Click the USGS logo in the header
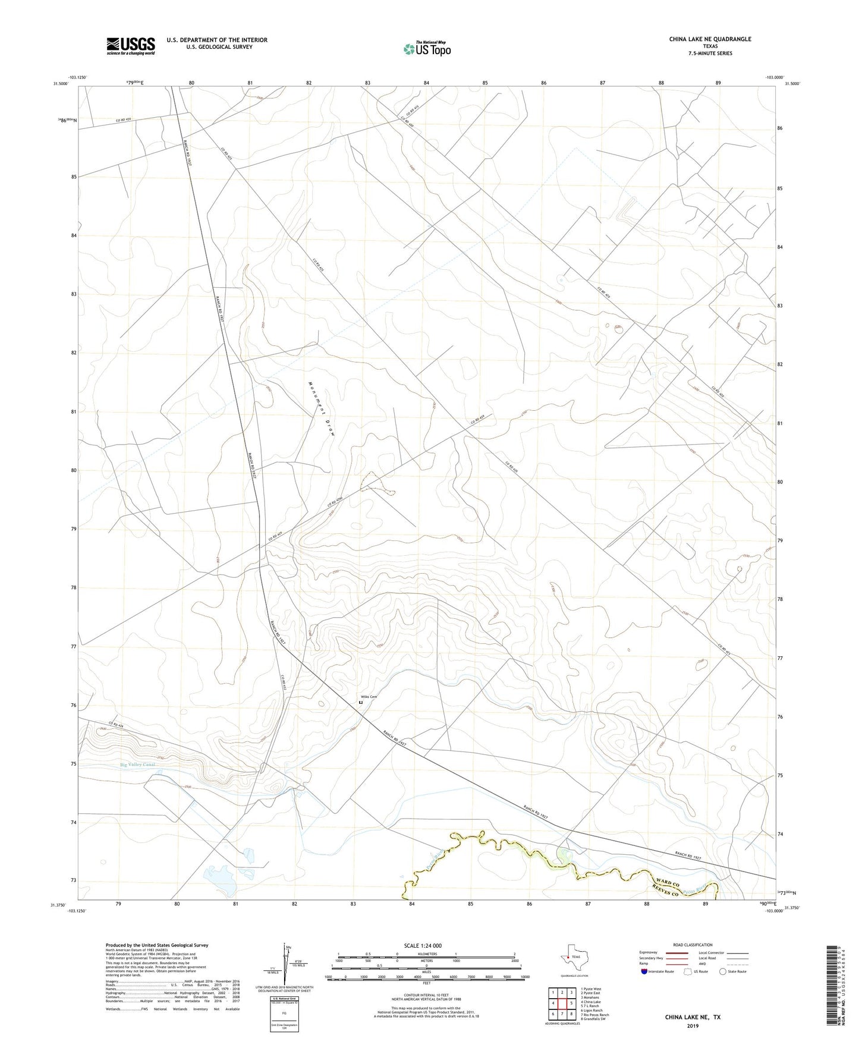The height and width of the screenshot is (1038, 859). click(131, 46)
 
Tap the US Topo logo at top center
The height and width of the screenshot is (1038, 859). click(427, 48)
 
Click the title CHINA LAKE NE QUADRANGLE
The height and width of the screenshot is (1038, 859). click(710, 39)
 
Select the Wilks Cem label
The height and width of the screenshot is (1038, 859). click(369, 697)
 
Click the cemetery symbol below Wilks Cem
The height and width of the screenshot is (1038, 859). click(360, 703)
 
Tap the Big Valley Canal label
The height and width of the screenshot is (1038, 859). click(141, 765)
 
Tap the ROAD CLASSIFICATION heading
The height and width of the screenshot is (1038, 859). click(693, 945)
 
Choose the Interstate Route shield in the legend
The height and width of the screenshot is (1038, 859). click(644, 971)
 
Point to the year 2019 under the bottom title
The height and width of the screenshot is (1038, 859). click(693, 1026)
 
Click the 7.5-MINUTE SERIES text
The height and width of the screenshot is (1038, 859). click(710, 54)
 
